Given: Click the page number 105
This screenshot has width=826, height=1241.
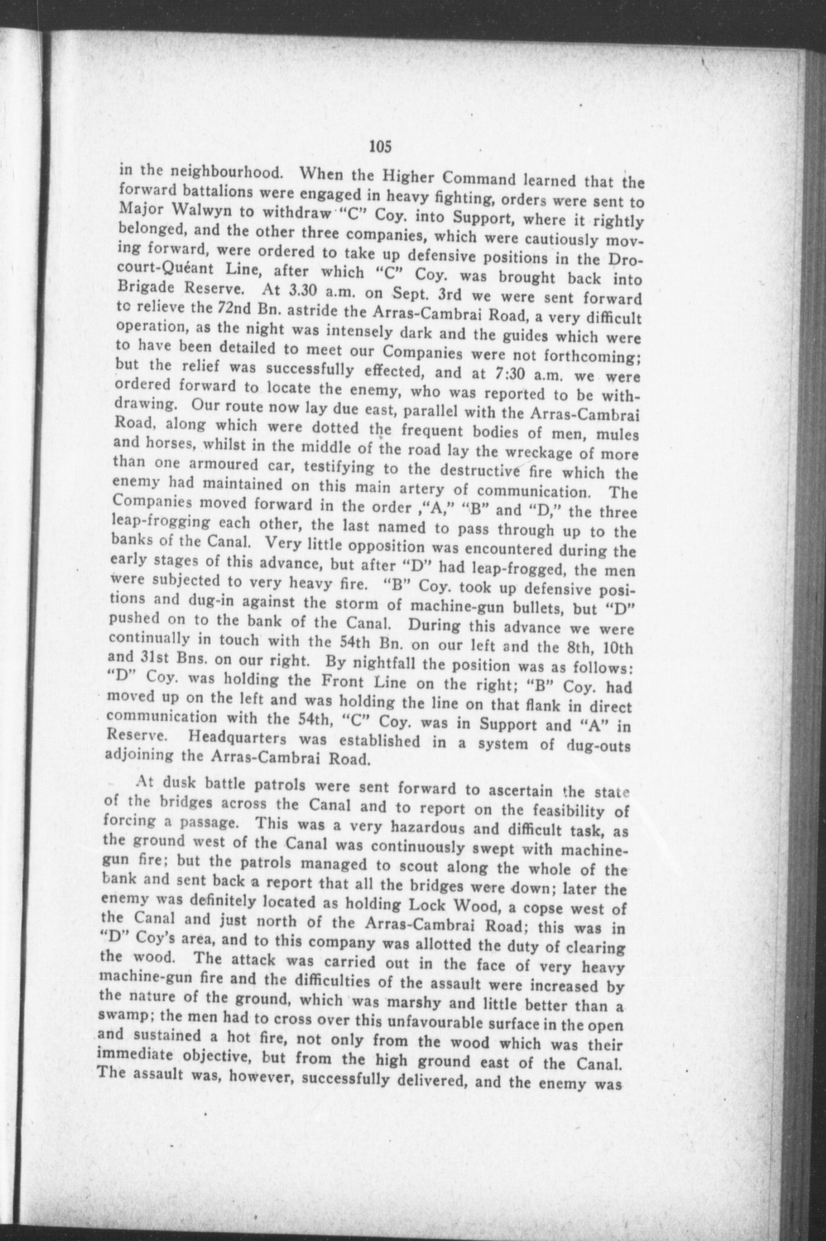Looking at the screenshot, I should pyautogui.click(x=380, y=146).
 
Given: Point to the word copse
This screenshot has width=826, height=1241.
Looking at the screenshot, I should pyautogui.click(x=550, y=908).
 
